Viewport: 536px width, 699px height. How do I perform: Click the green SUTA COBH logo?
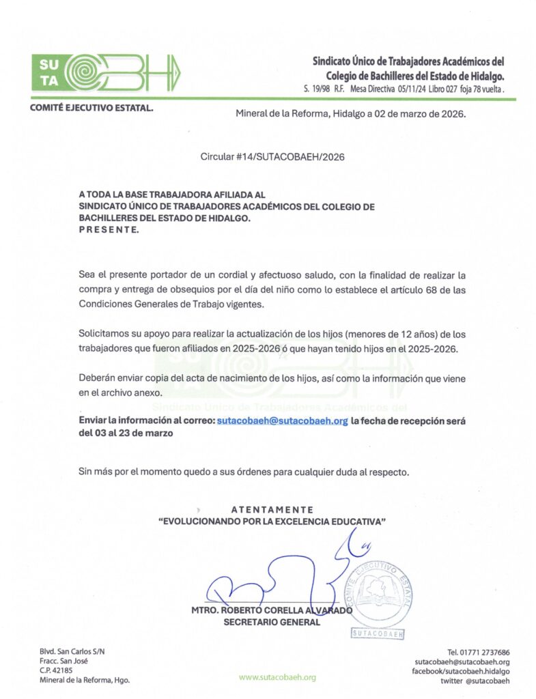107,72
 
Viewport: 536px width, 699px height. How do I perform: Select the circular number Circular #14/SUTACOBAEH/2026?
272,156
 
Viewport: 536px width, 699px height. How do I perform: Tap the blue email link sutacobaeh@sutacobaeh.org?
283,421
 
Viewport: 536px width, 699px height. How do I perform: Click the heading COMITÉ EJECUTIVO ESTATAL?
91,109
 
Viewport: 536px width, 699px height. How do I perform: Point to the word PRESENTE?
109,230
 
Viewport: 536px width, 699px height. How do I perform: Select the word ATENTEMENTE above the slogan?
272,509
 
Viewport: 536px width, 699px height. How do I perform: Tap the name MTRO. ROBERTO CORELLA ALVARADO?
272,611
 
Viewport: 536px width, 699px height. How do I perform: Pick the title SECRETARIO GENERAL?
272,622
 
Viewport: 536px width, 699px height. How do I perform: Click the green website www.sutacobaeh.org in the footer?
277,677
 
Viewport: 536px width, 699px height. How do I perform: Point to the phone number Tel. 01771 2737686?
478,652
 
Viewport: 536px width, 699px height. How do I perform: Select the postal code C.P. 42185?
56,670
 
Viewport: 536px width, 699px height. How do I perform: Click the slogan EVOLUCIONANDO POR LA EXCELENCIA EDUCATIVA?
272,521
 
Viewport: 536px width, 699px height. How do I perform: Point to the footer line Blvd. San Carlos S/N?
72,651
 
